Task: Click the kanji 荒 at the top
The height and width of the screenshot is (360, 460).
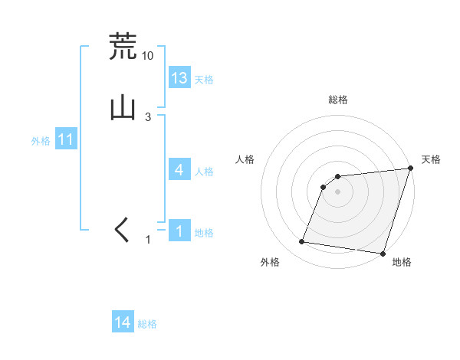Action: click(123, 47)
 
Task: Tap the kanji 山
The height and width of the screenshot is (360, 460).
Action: click(123, 107)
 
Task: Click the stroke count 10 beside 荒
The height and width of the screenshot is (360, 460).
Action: click(148, 56)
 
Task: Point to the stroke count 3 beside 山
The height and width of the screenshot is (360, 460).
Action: click(148, 117)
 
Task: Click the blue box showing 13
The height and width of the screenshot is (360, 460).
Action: click(179, 78)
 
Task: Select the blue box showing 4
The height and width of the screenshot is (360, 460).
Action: click(179, 170)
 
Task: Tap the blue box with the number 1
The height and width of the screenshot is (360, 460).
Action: click(179, 231)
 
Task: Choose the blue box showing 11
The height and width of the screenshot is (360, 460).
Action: click(66, 139)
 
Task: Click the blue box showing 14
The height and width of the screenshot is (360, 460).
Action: click(123, 323)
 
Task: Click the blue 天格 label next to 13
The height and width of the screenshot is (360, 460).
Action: click(204, 80)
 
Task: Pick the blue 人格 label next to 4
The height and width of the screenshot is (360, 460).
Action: click(204, 172)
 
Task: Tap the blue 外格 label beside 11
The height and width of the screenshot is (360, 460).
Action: click(41, 141)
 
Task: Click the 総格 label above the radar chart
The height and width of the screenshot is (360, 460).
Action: click(337, 100)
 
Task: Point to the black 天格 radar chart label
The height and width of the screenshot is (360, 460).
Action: click(431, 159)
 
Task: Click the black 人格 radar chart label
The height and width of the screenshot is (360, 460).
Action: click(245, 159)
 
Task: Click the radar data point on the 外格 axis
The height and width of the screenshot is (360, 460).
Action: click(302, 242)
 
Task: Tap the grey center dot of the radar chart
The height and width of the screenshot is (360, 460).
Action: click(337, 191)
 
